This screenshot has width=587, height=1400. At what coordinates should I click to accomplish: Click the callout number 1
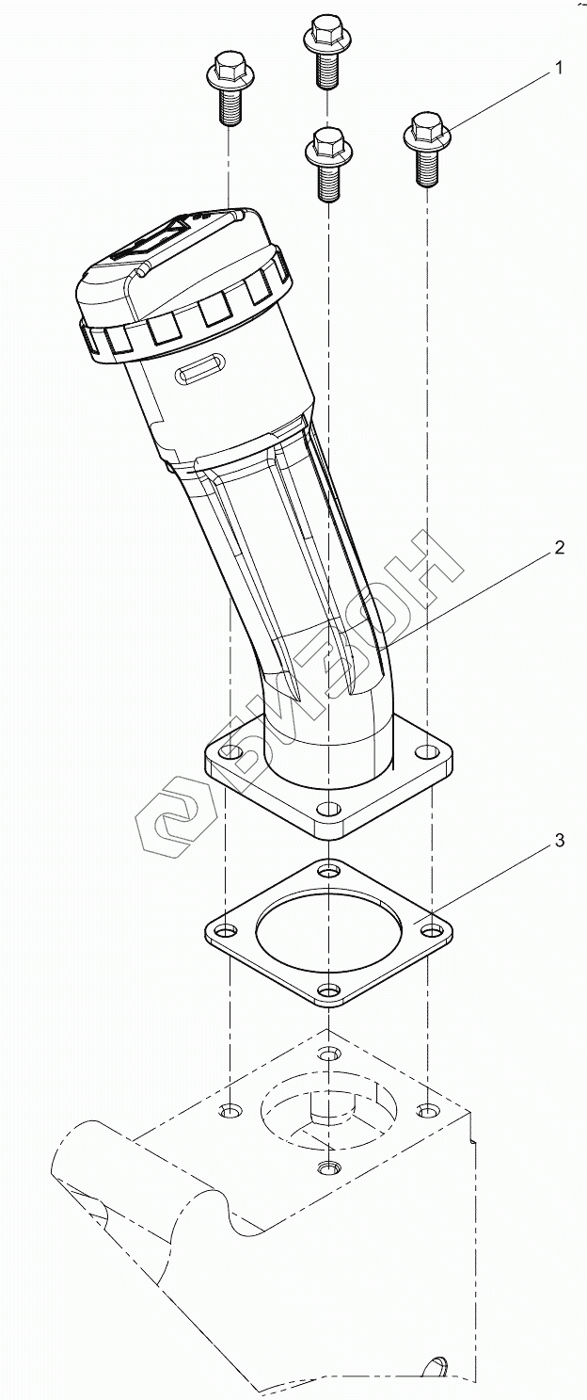pos(560,68)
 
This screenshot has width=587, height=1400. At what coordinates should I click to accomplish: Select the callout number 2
pos(560,548)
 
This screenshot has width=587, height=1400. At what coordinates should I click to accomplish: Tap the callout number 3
pos(560,841)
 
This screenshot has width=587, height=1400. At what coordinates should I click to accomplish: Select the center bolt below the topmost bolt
pos(328,164)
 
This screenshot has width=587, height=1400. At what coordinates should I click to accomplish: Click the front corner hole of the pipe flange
pos(327,810)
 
